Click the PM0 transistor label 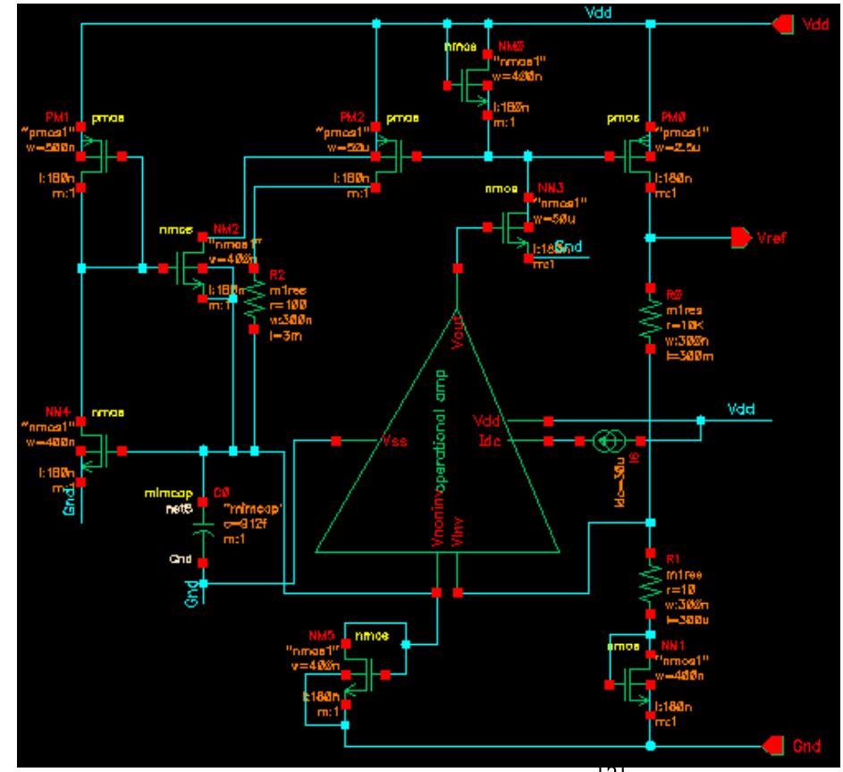coord(669,117)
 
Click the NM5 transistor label coord(319,634)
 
